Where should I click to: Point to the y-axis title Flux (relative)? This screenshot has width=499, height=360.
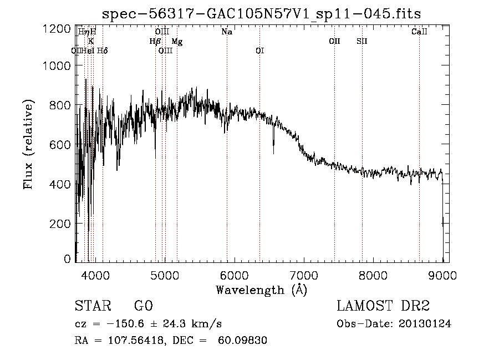(x=28, y=145)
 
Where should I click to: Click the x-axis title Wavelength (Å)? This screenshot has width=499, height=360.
(x=261, y=290)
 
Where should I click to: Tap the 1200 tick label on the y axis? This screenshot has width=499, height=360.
(x=57, y=29)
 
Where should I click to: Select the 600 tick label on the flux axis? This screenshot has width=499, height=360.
(x=60, y=144)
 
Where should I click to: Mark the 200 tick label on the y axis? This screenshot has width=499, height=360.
(x=60, y=223)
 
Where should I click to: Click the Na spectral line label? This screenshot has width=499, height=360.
(x=227, y=32)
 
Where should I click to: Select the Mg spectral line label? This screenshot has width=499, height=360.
(x=176, y=42)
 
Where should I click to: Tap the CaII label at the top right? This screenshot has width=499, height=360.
(x=419, y=32)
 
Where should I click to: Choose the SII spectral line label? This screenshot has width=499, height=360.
(x=362, y=42)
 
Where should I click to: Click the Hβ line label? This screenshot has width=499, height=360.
(x=155, y=42)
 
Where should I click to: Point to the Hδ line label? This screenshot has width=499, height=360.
(x=102, y=51)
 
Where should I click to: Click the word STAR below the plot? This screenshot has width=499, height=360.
(x=92, y=306)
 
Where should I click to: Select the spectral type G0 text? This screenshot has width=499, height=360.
(x=143, y=306)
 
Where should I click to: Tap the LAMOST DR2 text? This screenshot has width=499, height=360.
(x=383, y=306)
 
